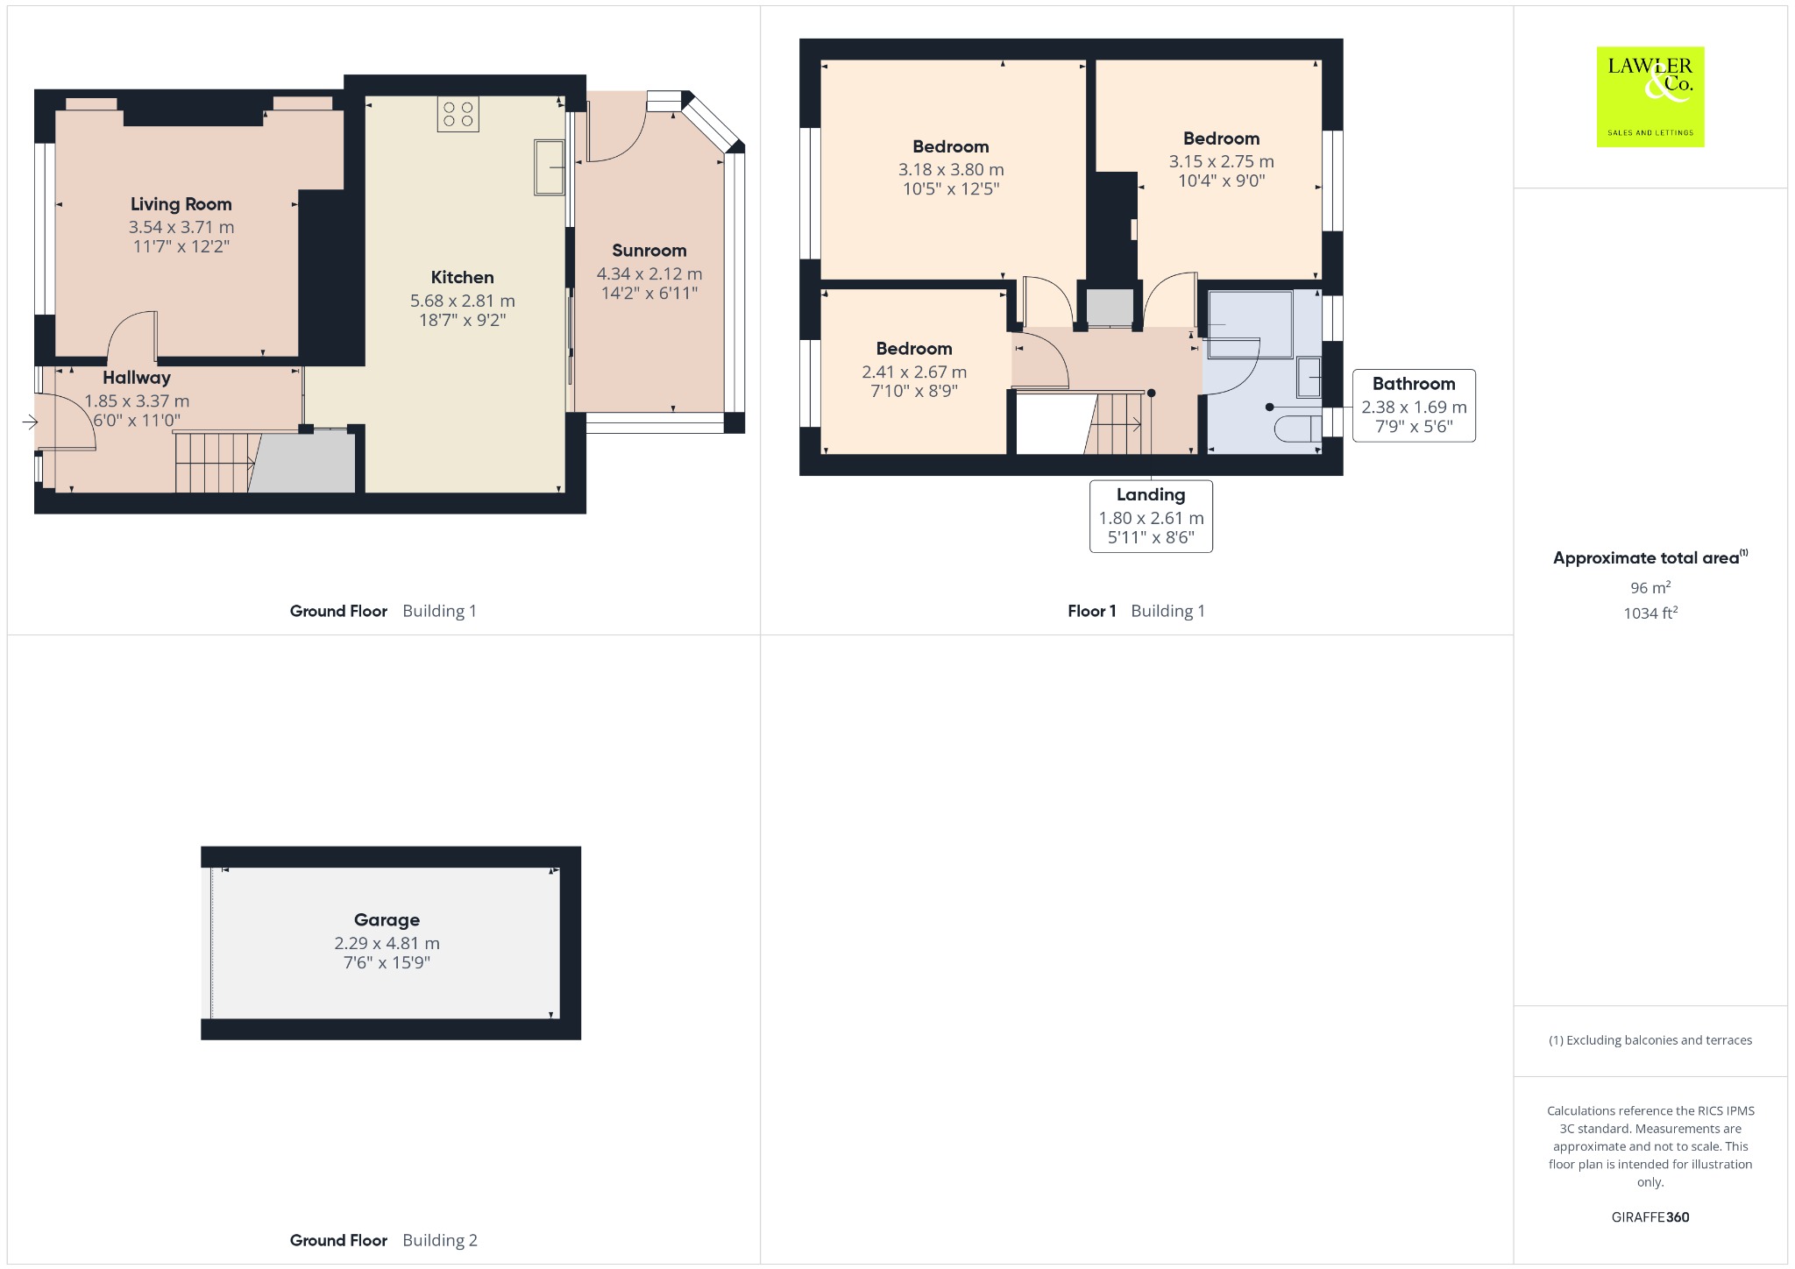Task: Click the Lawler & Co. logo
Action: (x=1650, y=96)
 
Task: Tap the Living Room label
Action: (x=181, y=204)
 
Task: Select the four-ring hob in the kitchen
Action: (x=458, y=114)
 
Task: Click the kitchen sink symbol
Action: (x=550, y=167)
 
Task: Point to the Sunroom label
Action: (x=649, y=251)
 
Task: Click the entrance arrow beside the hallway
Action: (x=30, y=422)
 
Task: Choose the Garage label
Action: (x=387, y=920)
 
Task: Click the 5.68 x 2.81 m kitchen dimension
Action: (x=463, y=301)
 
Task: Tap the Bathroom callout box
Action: (x=1414, y=405)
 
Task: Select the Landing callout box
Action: (x=1151, y=516)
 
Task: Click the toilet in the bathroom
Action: (x=1298, y=429)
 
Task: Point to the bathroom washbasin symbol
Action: (x=1309, y=377)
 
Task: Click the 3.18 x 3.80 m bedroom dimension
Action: (x=951, y=170)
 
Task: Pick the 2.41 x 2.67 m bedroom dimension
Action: (x=914, y=372)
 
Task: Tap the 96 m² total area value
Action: (x=1650, y=587)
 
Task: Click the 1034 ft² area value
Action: (x=1650, y=613)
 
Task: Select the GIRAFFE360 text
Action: (x=1650, y=1216)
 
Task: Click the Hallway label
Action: (x=137, y=378)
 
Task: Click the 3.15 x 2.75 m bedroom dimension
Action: (x=1221, y=161)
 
